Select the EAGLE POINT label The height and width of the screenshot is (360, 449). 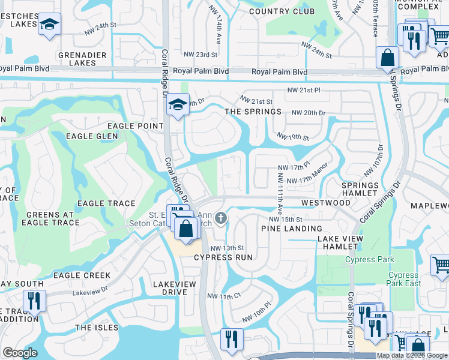click(135, 125)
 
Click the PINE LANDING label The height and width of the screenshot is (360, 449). click(291, 229)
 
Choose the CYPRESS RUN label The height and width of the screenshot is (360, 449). click(222, 257)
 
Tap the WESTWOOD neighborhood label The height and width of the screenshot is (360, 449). click(326, 203)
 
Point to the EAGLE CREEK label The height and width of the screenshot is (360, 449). click(82, 275)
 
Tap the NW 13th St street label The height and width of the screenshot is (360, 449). click(227, 248)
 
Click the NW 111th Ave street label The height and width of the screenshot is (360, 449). click(280, 193)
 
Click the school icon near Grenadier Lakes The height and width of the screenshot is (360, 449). click(50, 25)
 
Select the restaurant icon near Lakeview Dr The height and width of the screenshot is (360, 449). click(34, 300)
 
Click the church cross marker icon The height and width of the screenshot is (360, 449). click(221, 218)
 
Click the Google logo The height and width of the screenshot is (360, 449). click(20, 353)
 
